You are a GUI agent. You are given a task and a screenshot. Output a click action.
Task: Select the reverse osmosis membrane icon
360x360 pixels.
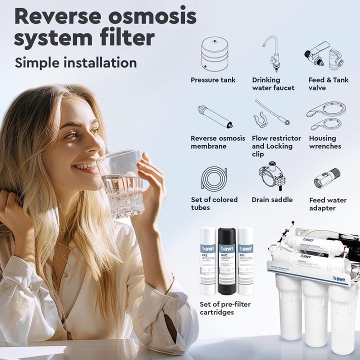click(214, 116)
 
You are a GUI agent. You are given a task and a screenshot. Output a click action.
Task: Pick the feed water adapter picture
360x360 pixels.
click(327, 177)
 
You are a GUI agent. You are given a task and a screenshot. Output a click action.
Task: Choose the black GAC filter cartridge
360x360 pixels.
click(226, 260)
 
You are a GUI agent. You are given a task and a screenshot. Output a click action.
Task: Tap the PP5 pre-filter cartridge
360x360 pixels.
click(208, 260)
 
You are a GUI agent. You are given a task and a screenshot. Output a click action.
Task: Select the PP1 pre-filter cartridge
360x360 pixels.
click(245, 260)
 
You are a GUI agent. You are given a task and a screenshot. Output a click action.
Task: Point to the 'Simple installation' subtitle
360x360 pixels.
click(75, 62)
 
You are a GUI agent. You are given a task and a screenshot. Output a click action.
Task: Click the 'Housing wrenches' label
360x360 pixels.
click(325, 142)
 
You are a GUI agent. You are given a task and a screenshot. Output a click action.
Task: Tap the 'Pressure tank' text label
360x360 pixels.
click(213, 80)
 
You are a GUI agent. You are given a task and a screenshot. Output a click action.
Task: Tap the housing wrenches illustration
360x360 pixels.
click(325, 116)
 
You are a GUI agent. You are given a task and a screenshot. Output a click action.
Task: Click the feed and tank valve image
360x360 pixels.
click(323, 56)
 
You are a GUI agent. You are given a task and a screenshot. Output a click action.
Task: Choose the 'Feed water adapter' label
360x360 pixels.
click(328, 204)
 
